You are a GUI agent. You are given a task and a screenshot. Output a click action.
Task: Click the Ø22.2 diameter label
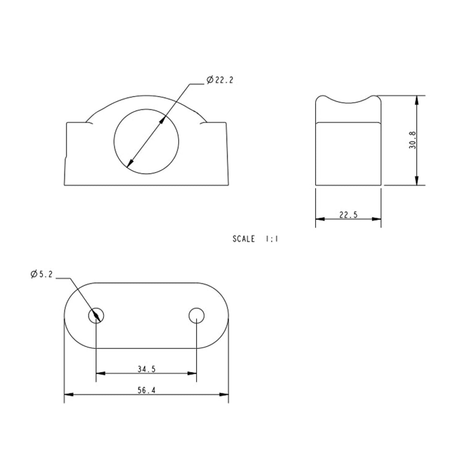coord(220,80)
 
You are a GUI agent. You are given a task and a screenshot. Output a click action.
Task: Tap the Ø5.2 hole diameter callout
coord(41,274)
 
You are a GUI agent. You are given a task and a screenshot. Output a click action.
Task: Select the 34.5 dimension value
coord(146,369)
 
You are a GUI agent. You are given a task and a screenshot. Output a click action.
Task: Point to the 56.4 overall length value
coord(146,390)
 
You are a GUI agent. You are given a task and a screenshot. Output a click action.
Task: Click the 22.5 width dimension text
coord(348,215)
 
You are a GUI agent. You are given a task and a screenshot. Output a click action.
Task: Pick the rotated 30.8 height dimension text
coord(413,140)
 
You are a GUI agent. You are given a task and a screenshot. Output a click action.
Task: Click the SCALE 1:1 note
coord(255,239)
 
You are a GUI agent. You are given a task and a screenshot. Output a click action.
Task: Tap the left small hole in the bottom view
coord(96,316)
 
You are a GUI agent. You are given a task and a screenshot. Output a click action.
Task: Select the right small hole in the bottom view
coord(196,316)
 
